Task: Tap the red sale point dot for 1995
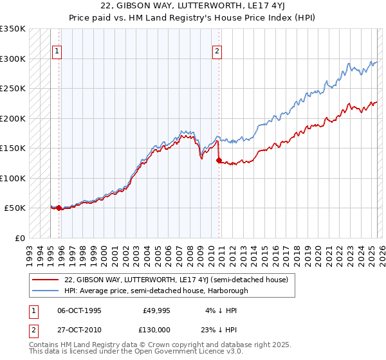[59, 208]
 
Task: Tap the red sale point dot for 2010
[219, 160]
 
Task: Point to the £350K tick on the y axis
[13, 29]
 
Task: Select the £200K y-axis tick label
[13, 118]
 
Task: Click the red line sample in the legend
[45, 280]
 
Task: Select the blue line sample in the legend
[45, 291]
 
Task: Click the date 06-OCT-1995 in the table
[79, 310]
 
